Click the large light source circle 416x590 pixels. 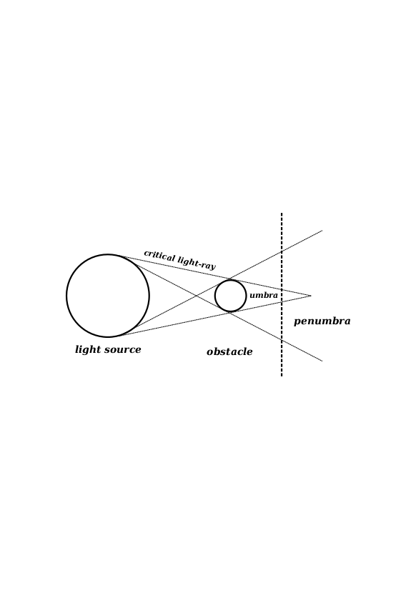pyautogui.click(x=66, y=296)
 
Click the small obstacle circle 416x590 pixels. pyautogui.click(x=215, y=296)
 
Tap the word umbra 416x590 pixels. pyautogui.click(x=264, y=296)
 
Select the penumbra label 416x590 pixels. pyautogui.click(x=322, y=321)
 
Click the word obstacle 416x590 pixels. pyautogui.click(x=229, y=352)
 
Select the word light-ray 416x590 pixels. pyautogui.click(x=197, y=263)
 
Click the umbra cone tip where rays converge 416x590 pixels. pyautogui.click(x=311, y=296)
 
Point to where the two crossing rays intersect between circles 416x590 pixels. pyautogui.click(x=196, y=296)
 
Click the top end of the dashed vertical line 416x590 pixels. pyautogui.click(x=282, y=213)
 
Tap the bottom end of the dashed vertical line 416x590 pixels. pyautogui.click(x=282, y=376)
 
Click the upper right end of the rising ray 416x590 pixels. pyautogui.click(x=322, y=230)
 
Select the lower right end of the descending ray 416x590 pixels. pyautogui.click(x=322, y=361)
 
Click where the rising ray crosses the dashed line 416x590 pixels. pyautogui.click(x=282, y=251)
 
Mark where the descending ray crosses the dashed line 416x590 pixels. pyautogui.click(x=282, y=340)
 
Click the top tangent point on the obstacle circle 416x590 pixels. pyautogui.click(x=229, y=279)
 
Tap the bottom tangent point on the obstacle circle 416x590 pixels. pyautogui.click(x=229, y=312)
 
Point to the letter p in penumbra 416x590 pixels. pyautogui.click(x=297, y=322)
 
